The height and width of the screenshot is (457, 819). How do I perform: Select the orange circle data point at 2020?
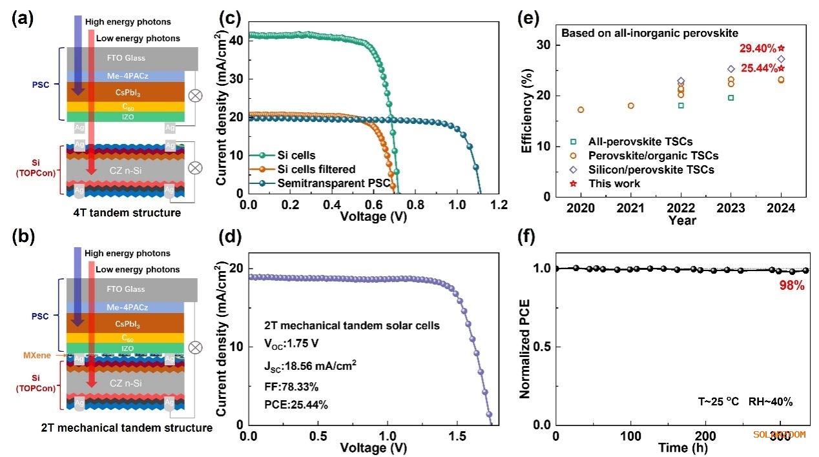tap(581, 110)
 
